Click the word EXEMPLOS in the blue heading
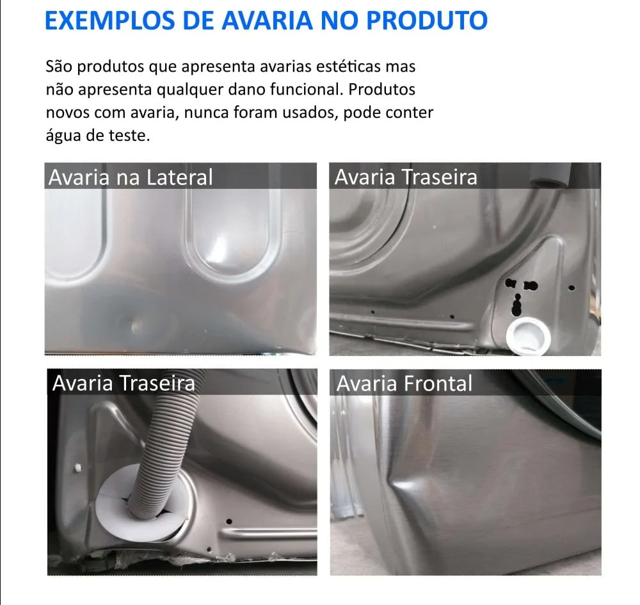[x=109, y=20]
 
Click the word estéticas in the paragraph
[x=342, y=66]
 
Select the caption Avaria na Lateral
[x=131, y=177]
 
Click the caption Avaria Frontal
[x=404, y=383]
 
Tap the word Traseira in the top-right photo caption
[x=440, y=177]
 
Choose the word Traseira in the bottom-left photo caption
[x=157, y=383]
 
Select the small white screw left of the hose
[x=77, y=468]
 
